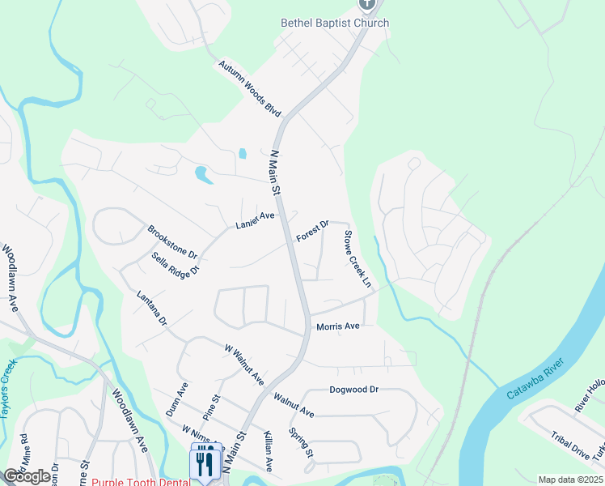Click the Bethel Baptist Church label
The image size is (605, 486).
[335, 23]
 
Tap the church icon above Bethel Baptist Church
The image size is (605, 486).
[368, 4]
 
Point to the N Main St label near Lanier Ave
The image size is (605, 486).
[274, 173]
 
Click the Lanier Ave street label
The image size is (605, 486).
[256, 220]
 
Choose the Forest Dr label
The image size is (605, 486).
[312, 232]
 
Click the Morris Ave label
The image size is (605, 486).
[337, 326]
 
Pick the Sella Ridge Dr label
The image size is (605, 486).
[175, 265]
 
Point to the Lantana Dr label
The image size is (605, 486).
[151, 309]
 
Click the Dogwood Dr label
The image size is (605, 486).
[353, 390]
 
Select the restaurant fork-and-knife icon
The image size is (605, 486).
[204, 463]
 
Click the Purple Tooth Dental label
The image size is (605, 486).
[141, 481]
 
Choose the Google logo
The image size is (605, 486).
[27, 475]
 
